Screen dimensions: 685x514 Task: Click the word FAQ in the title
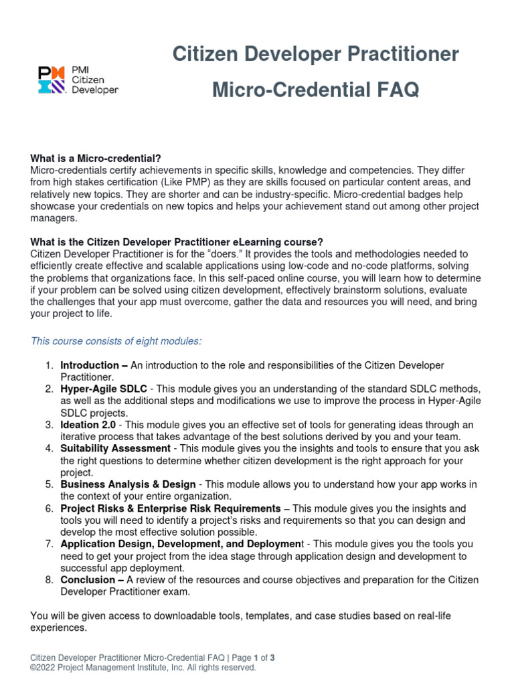[396, 90]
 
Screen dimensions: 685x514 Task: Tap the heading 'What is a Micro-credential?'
[96, 159]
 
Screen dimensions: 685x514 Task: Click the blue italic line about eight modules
[116, 341]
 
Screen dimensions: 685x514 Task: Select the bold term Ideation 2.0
[88, 425]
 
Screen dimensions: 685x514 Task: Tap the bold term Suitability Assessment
[115, 448]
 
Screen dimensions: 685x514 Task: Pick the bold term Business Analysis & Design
[128, 484]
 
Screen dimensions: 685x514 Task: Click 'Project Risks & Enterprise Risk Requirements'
[170, 508]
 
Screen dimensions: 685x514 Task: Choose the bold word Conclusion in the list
[89, 579]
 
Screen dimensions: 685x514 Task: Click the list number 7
[49, 544]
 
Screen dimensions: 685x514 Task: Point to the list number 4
[49, 448]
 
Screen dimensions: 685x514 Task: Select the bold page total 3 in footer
[272, 658]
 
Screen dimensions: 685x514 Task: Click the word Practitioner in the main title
[406, 54]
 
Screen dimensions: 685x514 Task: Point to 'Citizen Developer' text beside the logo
[94, 84]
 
